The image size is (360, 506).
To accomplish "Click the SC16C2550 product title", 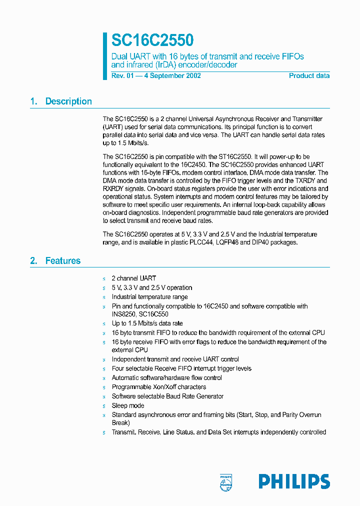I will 152,40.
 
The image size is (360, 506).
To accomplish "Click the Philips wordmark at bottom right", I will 294,481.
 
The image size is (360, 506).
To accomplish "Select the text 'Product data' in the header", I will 309,76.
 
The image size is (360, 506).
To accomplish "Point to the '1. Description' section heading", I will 61,101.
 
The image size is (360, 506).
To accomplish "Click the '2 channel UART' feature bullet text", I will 133,278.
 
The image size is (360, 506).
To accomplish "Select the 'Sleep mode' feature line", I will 127,405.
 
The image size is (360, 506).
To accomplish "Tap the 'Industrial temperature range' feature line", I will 149,297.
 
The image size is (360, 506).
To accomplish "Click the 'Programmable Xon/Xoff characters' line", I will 158,387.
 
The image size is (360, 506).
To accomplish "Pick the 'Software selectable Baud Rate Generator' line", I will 167,396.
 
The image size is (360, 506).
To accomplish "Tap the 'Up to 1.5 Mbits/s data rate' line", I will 147,323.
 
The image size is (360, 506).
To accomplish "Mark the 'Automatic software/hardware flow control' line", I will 166,378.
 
